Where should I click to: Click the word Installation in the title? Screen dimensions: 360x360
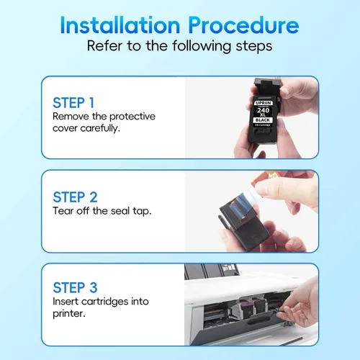point(120,25)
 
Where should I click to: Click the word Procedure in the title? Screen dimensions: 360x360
point(243,25)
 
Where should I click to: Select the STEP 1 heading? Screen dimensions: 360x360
point(73,103)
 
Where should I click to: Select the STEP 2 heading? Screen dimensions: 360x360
point(75,197)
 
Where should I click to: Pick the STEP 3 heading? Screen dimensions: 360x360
point(75,287)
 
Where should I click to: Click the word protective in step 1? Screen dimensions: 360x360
point(132,117)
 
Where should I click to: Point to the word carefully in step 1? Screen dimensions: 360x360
point(100,128)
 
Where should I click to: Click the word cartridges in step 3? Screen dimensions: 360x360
point(105,302)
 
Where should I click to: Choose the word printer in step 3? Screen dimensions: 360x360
point(69,314)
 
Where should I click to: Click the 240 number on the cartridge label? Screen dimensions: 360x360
point(264,110)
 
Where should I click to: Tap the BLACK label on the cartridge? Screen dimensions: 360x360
point(263,120)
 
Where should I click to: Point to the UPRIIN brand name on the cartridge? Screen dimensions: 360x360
point(264,103)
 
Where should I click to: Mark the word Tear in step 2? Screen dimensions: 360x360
point(63,211)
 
